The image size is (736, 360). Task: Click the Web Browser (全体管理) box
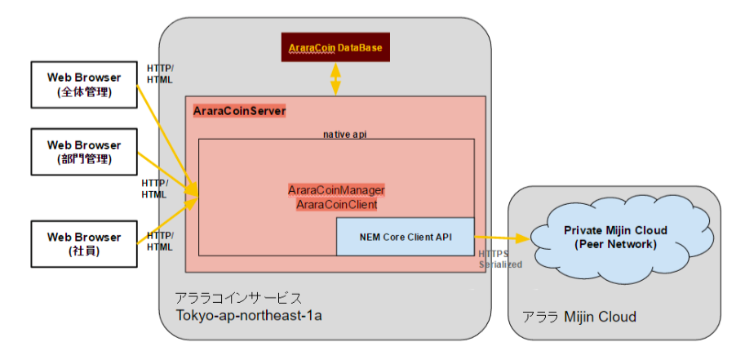(x=84, y=85)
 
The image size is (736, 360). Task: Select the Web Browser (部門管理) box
(x=84, y=152)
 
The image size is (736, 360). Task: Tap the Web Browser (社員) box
(x=84, y=244)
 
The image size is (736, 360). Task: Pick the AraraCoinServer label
(x=239, y=110)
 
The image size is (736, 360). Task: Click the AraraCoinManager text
(x=336, y=189)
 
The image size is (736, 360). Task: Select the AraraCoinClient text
(x=336, y=204)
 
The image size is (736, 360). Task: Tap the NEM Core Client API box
(x=405, y=237)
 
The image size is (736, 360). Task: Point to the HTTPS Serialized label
(x=499, y=260)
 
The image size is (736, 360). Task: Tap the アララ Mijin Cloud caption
(x=579, y=316)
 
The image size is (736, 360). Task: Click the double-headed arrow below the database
(x=335, y=80)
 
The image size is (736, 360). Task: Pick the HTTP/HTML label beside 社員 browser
(x=159, y=241)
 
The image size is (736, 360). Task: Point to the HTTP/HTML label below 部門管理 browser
(x=154, y=189)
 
